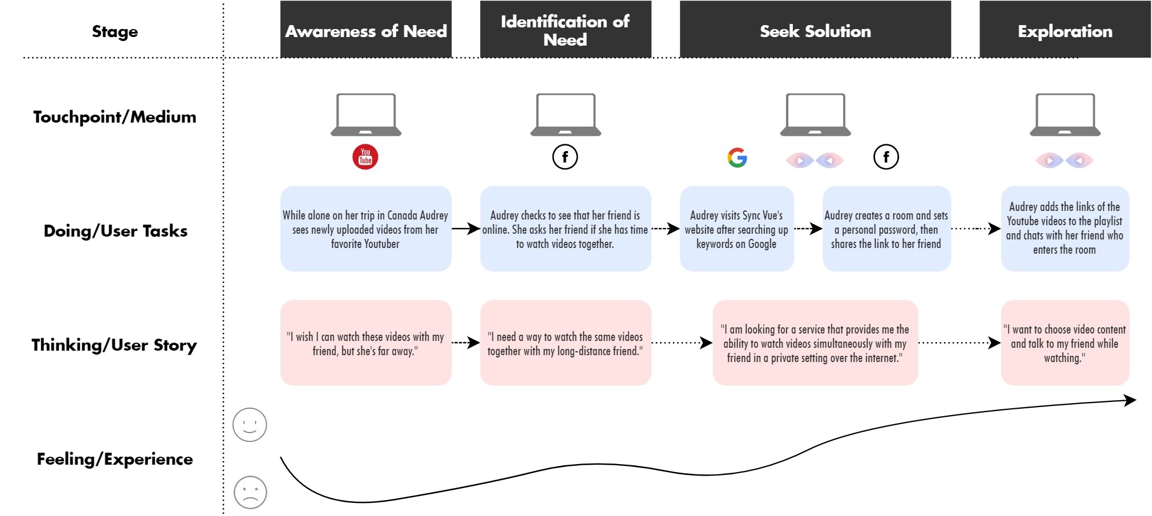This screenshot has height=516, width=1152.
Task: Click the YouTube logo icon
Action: tap(365, 157)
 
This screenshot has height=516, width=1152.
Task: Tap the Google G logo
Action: tap(737, 157)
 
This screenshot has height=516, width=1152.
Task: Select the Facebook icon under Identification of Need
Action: tap(565, 157)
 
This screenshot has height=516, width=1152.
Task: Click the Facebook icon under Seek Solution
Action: tap(886, 157)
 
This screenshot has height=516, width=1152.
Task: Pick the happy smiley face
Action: tap(249, 425)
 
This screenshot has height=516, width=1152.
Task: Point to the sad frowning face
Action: tap(250, 492)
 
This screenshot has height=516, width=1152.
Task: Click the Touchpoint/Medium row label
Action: tap(115, 117)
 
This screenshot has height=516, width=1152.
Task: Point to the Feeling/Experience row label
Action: tap(115, 459)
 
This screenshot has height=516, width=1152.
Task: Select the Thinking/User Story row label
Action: tap(114, 345)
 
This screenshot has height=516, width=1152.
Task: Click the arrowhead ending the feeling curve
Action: tap(1131, 400)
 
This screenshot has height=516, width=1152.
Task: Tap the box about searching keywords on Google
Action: tap(736, 229)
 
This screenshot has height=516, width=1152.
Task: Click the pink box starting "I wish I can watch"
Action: tap(365, 343)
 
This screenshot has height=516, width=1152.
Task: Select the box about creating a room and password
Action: tap(886, 229)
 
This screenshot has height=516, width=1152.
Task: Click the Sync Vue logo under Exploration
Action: tap(1065, 160)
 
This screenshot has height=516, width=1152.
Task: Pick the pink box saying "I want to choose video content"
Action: tap(1065, 343)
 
